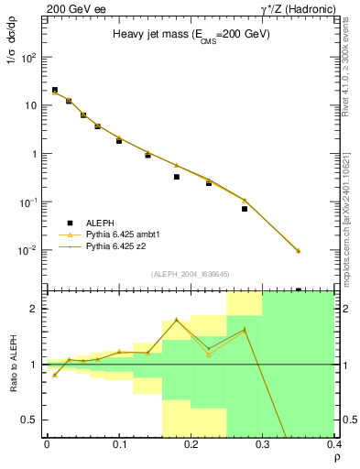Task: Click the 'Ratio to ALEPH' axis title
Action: pyautogui.click(x=16, y=365)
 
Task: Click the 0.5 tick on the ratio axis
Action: pyautogui.click(x=35, y=420)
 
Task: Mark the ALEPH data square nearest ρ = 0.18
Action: pyautogui.click(x=177, y=177)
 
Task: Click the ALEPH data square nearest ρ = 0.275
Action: pyautogui.click(x=245, y=209)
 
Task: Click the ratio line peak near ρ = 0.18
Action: pyautogui.click(x=177, y=320)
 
